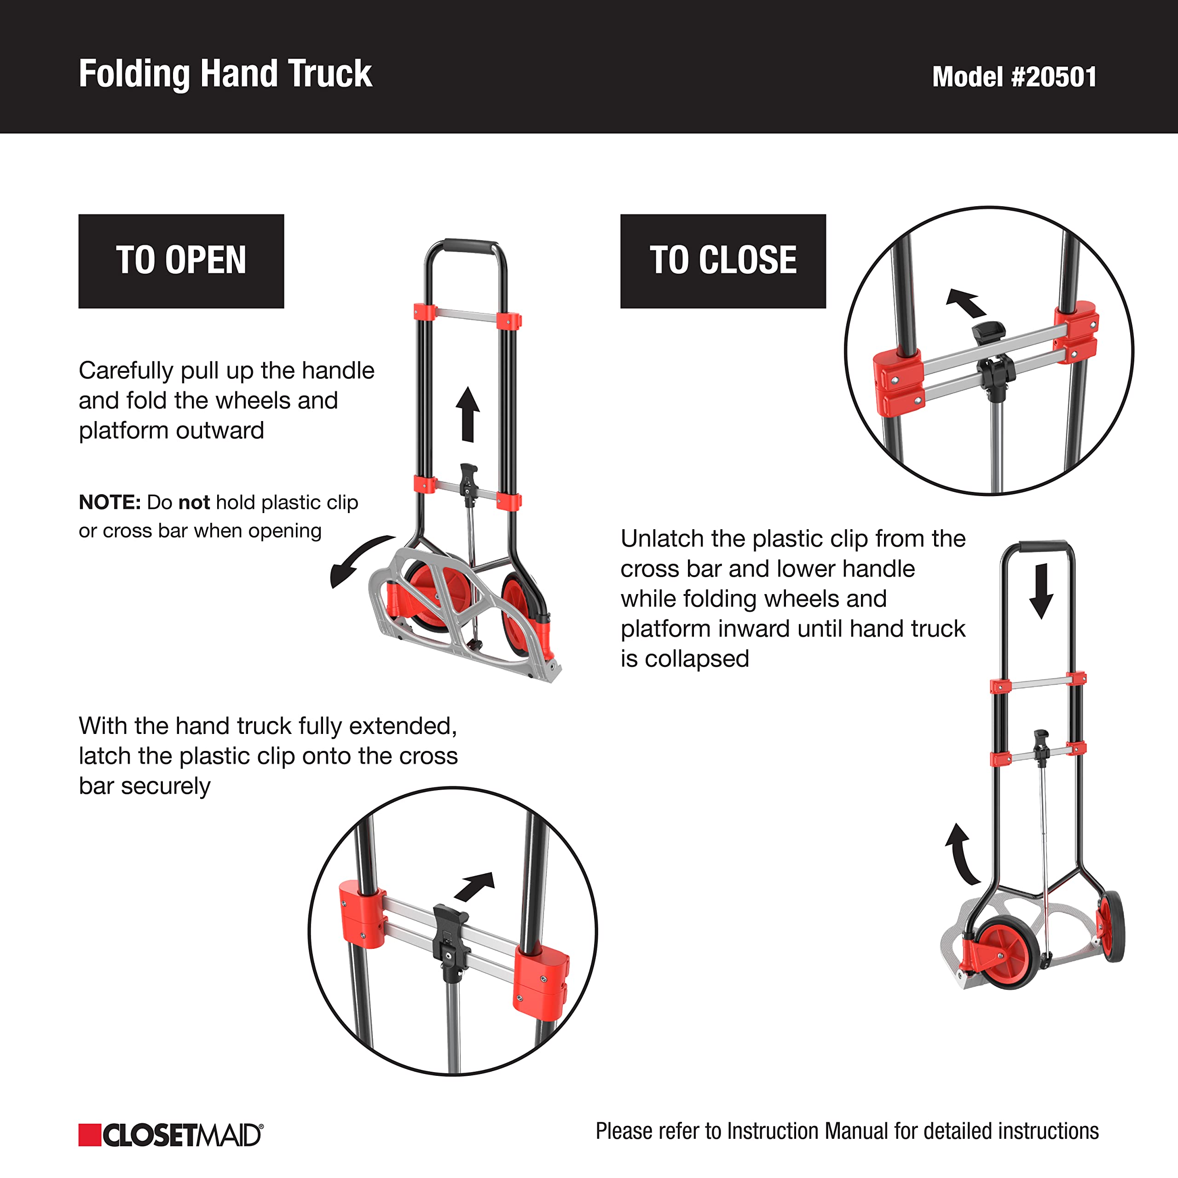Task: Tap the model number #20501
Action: tap(1054, 77)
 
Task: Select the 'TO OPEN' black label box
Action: tap(181, 261)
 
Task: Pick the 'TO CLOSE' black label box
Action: tap(723, 261)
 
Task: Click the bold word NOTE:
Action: tap(110, 502)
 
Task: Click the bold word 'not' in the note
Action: tap(194, 502)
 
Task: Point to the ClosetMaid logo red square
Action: tap(90, 1135)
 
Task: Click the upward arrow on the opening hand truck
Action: tap(468, 414)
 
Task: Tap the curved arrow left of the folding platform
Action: tap(360, 558)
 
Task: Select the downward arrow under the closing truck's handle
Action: tap(1041, 591)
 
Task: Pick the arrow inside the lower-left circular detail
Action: tap(474, 887)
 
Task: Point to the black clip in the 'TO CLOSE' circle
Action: tap(992, 360)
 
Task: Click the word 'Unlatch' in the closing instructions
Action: tap(662, 539)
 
